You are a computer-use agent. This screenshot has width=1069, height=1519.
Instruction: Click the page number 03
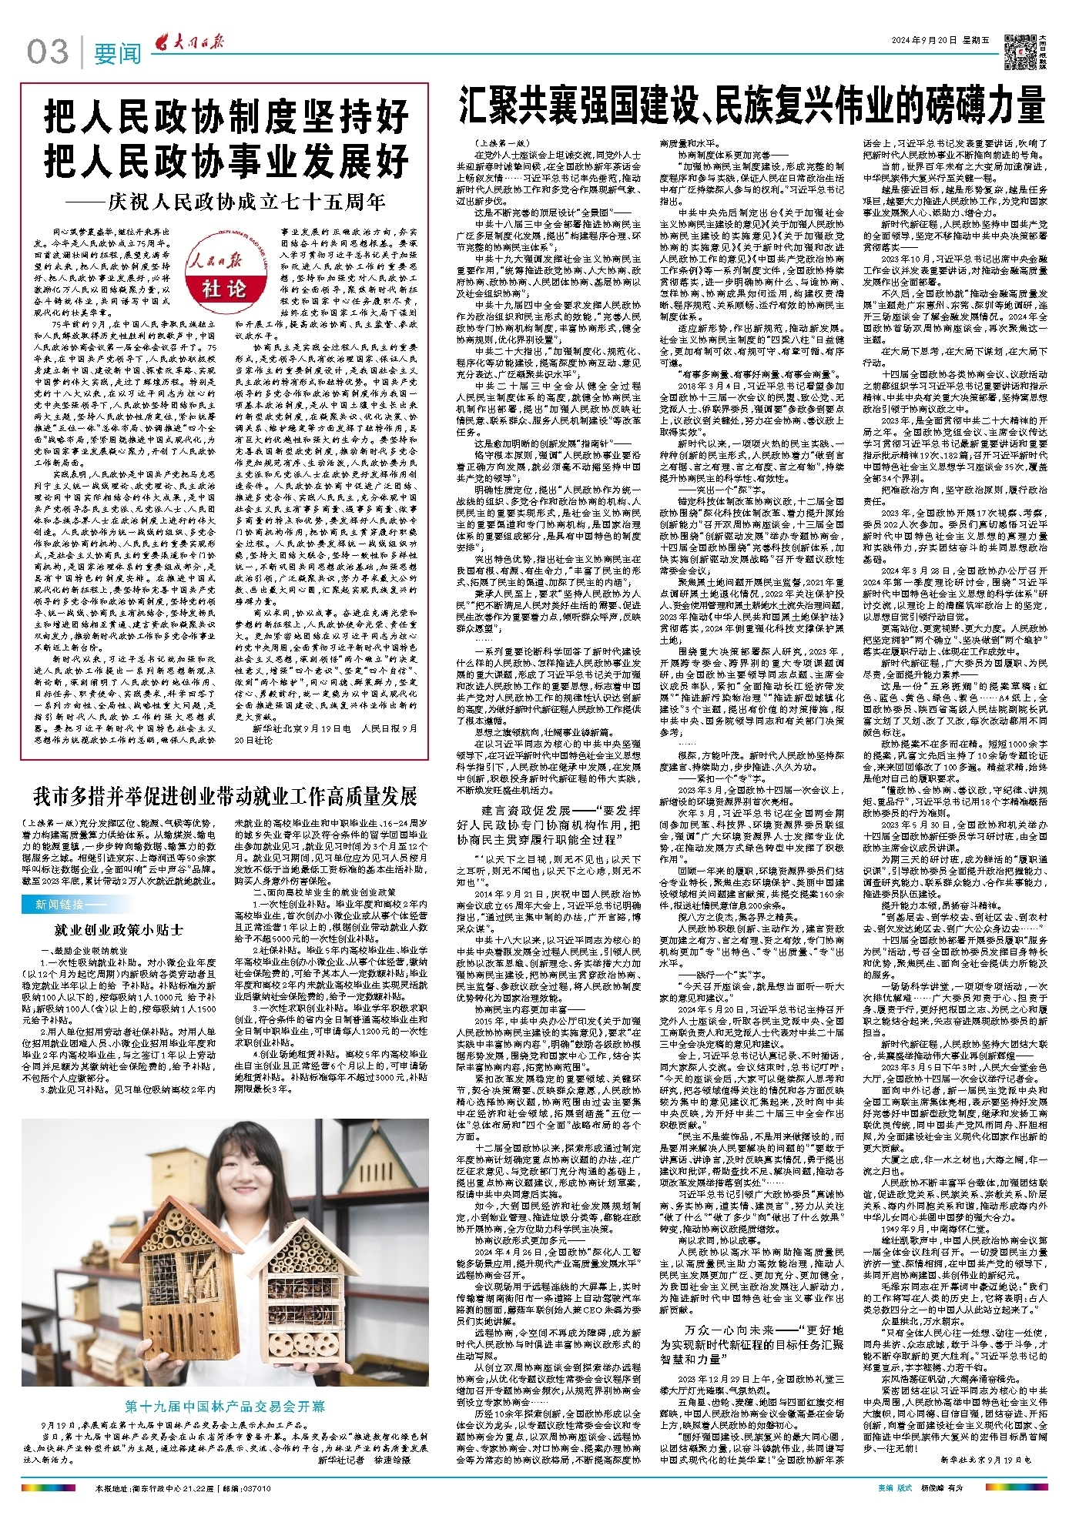point(48,52)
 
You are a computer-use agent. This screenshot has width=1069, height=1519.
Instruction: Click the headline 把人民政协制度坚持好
point(225,118)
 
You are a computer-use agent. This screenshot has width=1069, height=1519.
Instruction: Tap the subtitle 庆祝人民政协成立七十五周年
point(246,202)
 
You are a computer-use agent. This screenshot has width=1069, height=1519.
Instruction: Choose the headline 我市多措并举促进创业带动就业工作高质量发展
point(225,795)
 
